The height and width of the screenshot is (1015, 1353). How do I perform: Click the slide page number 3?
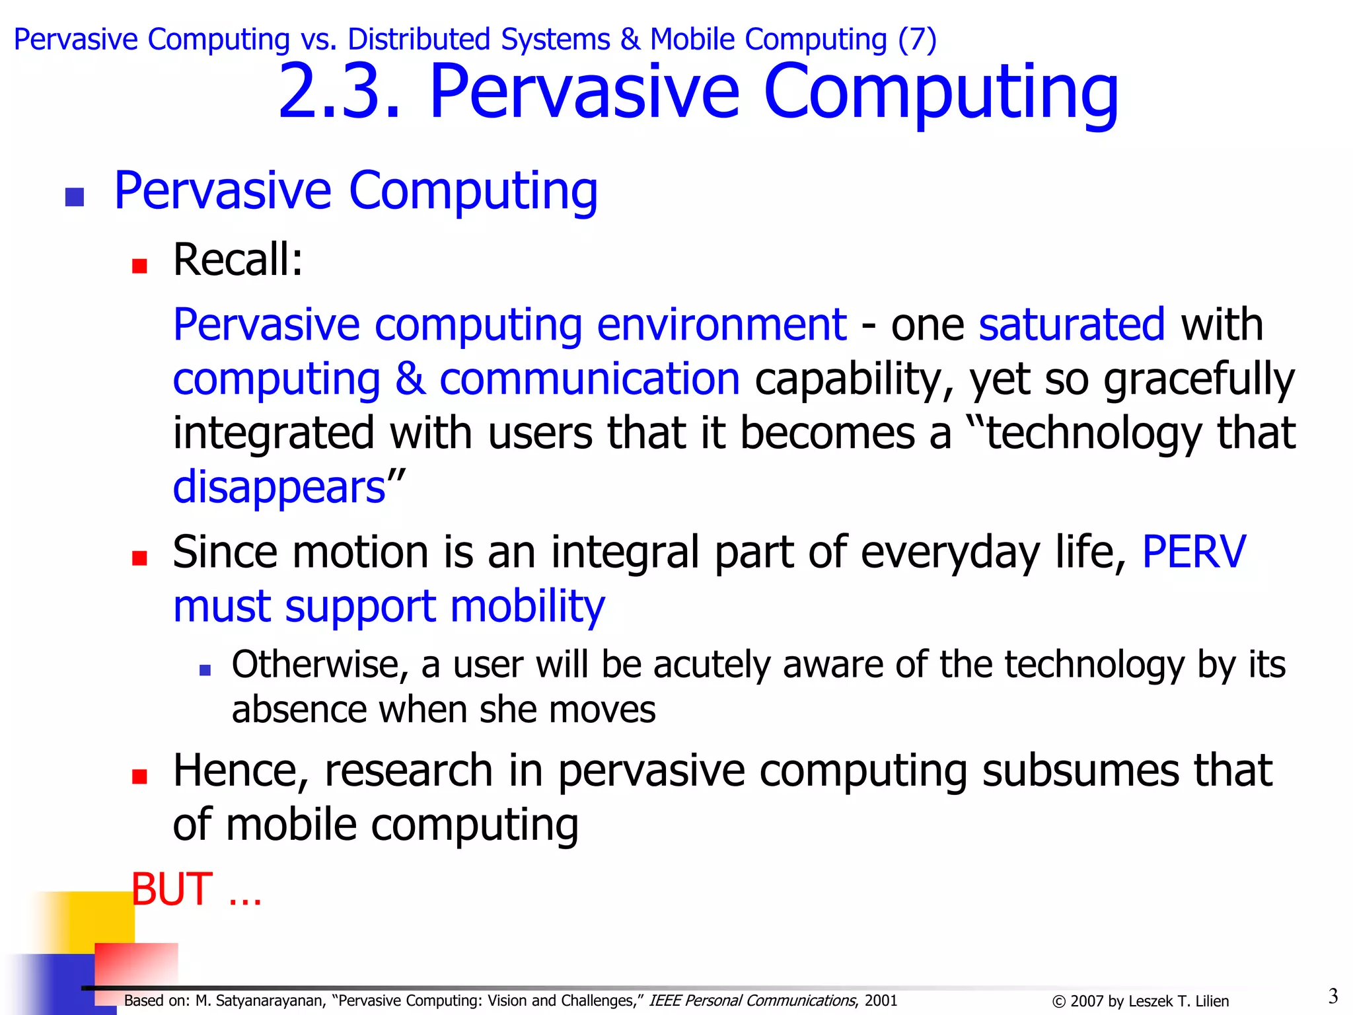1333,996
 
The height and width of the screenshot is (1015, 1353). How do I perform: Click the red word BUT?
172,889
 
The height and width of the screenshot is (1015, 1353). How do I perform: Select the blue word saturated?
1071,324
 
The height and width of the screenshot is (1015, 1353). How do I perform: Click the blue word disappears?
279,488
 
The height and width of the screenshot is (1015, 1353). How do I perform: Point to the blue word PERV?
1193,552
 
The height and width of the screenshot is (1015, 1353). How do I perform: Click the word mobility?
527,606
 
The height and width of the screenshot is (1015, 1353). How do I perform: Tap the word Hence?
240,771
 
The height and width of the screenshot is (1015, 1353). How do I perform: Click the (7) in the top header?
916,40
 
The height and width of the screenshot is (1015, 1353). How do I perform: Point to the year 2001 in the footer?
881,1000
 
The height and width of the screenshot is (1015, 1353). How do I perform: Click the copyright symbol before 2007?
1058,1002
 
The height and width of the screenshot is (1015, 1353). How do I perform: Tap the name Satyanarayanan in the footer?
270,1000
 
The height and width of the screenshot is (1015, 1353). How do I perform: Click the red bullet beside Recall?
139,266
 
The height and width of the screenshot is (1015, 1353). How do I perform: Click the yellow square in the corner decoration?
86,919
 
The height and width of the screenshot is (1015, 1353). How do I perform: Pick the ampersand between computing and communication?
410,379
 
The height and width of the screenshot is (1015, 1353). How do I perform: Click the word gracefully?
1198,380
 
